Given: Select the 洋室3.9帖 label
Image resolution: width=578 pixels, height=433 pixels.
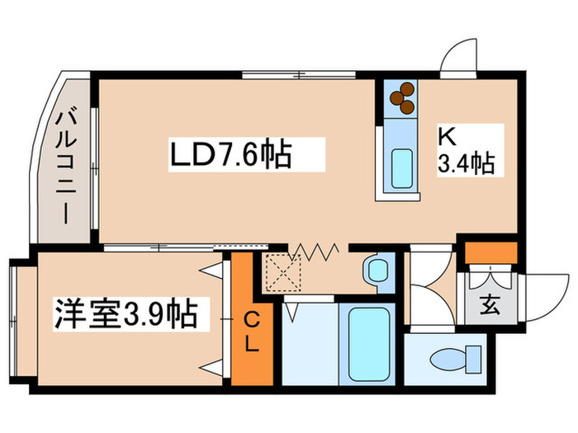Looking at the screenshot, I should tap(126, 314).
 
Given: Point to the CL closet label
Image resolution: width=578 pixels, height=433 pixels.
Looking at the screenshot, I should tap(252, 330).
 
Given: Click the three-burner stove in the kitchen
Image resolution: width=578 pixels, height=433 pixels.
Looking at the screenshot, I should tap(402, 97).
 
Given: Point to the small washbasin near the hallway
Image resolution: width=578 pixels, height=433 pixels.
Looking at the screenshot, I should tap(377, 271).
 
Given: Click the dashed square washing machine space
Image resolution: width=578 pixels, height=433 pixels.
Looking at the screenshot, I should tap(282, 272).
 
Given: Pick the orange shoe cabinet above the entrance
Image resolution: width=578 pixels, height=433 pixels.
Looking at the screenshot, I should tap(490, 251).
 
